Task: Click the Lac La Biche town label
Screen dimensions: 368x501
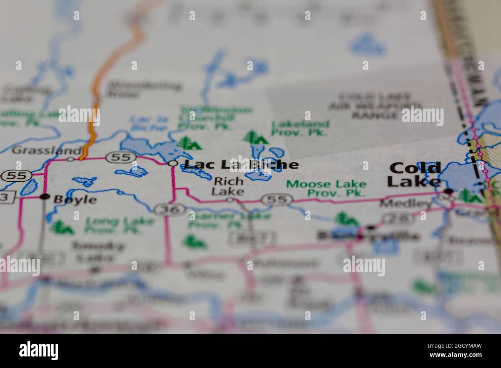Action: click(x=241, y=164)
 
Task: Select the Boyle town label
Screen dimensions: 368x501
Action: click(x=75, y=199)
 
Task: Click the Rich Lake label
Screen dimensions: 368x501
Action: click(x=229, y=186)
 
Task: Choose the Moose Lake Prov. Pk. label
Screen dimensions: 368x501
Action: click(x=326, y=189)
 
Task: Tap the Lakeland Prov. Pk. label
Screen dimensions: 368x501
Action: click(x=300, y=129)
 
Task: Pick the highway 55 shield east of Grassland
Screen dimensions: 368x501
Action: click(x=121, y=157)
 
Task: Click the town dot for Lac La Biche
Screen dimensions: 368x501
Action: click(x=173, y=164)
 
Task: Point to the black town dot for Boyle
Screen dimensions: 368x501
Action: click(x=45, y=197)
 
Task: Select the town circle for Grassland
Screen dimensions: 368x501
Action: click(x=71, y=158)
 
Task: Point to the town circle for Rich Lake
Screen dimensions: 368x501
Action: click(x=230, y=199)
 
